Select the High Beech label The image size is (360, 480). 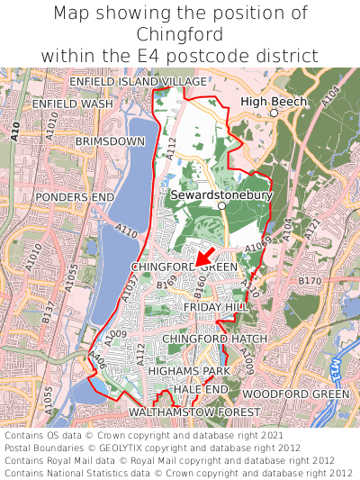(274, 102)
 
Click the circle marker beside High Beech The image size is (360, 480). (274, 113)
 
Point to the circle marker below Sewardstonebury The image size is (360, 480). (220, 205)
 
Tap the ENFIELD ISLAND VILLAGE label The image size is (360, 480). (138, 82)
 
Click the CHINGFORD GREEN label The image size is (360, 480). (184, 267)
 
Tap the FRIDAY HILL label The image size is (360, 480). (215, 307)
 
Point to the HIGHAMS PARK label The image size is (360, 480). (189, 371)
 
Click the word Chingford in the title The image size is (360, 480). (180, 34)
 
